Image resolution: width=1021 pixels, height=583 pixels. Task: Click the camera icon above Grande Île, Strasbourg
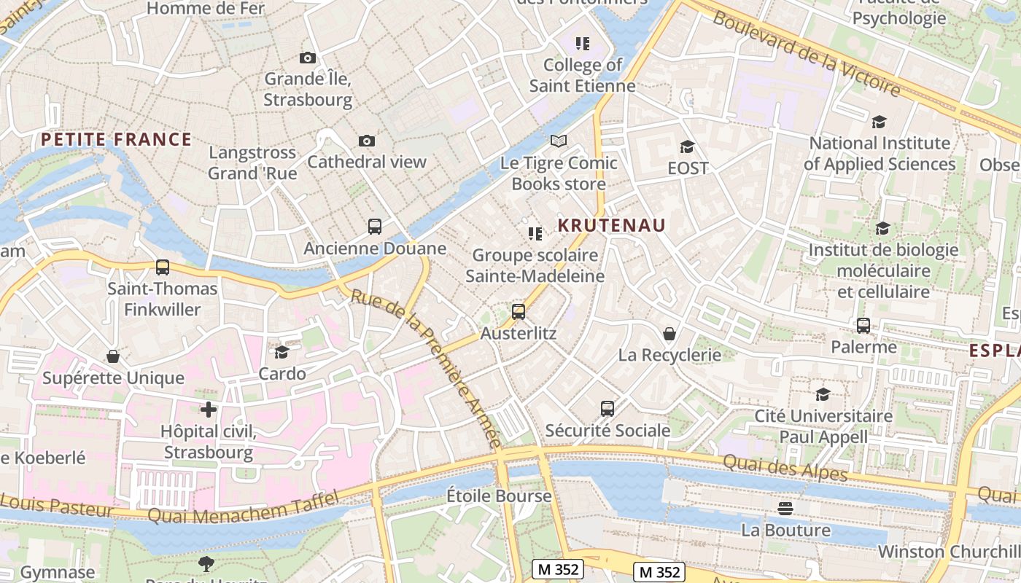pos(308,58)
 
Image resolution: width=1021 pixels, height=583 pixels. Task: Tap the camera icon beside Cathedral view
pos(367,141)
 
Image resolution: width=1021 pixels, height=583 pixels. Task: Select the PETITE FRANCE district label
pos(116,139)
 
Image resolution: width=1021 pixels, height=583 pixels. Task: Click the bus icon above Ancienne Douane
pos(375,227)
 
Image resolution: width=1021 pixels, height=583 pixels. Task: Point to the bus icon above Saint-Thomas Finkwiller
pos(163,267)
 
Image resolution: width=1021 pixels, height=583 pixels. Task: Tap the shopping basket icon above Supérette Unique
pos(113,356)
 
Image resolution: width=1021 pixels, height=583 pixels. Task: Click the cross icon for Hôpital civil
pos(209,410)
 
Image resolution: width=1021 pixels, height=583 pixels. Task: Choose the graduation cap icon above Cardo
pos(282,353)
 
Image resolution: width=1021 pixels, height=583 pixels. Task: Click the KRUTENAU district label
pos(612,225)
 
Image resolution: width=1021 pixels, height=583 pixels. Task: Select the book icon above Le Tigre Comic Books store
pos(559,141)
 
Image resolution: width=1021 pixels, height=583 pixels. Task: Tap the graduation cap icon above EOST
pos(687,146)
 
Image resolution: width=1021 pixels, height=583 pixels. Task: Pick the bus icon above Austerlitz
pos(519,312)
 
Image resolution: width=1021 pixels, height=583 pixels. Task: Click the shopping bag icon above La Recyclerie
pos(669,334)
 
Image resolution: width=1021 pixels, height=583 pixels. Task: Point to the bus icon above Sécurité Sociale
pos(607,409)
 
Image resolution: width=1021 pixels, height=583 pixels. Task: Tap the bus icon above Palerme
pos(863,326)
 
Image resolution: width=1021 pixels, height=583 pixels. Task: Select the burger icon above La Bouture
pos(785,508)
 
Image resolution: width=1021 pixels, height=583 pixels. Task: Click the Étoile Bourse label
pos(499,496)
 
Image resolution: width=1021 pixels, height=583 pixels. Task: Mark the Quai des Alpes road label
pos(785,467)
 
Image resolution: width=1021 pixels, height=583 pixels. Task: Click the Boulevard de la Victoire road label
pos(807,54)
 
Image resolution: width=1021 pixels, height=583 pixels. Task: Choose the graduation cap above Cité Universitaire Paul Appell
pos(823,395)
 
